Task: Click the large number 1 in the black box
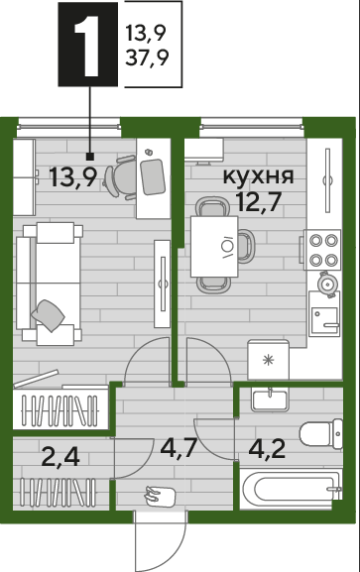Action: click(87, 47)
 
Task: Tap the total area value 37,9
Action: click(147, 57)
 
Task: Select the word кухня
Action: click(258, 176)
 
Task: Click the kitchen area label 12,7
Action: click(259, 201)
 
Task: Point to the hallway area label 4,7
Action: click(179, 447)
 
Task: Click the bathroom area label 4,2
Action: click(267, 449)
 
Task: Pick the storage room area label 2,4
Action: click(60, 457)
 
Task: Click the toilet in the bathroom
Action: click(321, 434)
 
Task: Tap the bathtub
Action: click(291, 489)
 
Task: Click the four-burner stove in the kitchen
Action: click(322, 250)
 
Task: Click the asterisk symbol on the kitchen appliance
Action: click(269, 361)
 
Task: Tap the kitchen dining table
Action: click(214, 247)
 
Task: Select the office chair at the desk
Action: click(120, 177)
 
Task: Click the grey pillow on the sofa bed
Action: click(48, 315)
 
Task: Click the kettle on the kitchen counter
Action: click(326, 284)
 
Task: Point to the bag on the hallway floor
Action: click(160, 496)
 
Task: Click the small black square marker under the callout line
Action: click(90, 157)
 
